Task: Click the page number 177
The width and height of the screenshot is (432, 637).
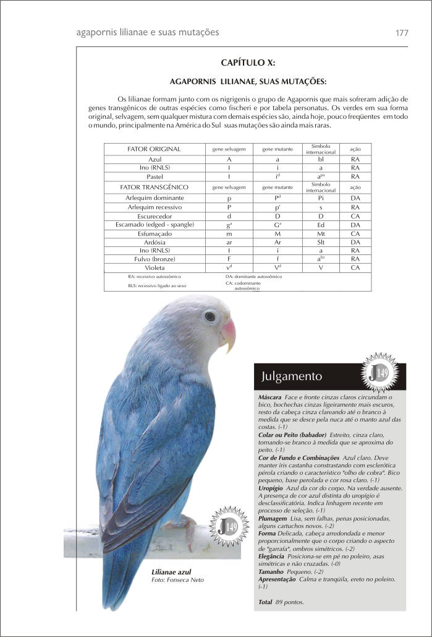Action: pos(401,33)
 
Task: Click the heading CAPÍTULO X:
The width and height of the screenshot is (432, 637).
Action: pos(248,63)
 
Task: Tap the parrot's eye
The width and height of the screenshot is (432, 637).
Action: pos(210,316)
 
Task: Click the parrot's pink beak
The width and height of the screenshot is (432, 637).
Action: pos(228,333)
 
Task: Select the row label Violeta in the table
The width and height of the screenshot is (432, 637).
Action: pos(154,267)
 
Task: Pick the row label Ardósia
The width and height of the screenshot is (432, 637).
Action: pos(154,242)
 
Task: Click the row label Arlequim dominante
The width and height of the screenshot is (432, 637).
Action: pos(154,198)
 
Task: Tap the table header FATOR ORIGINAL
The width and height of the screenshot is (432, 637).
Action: pos(154,149)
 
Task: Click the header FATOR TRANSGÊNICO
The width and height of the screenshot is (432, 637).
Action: pos(154,186)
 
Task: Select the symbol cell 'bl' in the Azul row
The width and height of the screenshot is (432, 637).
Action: pos(321,159)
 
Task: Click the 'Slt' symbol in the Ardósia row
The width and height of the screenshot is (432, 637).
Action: pos(321,242)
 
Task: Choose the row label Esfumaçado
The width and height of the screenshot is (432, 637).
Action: pos(154,234)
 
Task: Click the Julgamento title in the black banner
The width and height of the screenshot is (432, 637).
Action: pos(292,376)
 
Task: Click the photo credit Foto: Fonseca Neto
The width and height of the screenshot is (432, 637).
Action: pos(177,580)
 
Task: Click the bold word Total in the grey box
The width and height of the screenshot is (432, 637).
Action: pos(266,602)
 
